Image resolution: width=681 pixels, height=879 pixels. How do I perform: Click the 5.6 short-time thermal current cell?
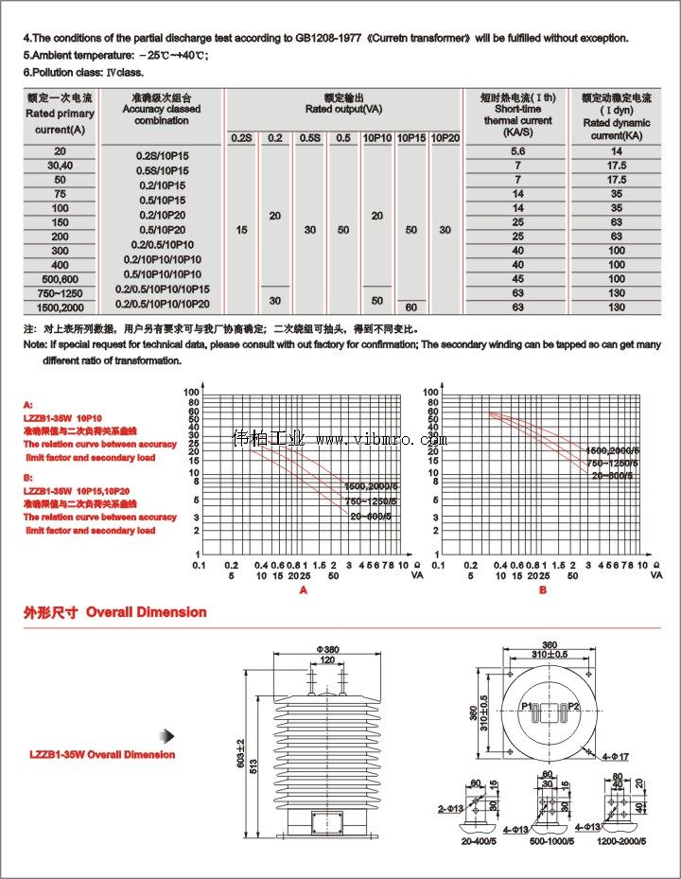(517, 151)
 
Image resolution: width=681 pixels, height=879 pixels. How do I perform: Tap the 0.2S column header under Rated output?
(241, 138)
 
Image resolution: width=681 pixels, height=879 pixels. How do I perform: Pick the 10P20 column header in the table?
(445, 138)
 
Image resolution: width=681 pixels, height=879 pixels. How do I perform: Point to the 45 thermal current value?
(517, 279)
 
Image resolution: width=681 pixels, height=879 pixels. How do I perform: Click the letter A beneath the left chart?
(304, 589)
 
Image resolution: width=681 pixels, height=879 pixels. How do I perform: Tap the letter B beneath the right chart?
(543, 589)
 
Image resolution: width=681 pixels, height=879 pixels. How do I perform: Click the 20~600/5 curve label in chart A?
(370, 517)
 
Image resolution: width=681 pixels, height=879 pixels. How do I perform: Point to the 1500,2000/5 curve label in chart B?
(612, 450)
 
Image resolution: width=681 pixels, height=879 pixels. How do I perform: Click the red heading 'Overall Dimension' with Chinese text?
(115, 612)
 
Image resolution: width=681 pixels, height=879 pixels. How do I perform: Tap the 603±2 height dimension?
(240, 753)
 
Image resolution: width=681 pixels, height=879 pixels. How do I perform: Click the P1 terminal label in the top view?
(526, 707)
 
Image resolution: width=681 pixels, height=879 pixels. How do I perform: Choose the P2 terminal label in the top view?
(574, 707)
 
